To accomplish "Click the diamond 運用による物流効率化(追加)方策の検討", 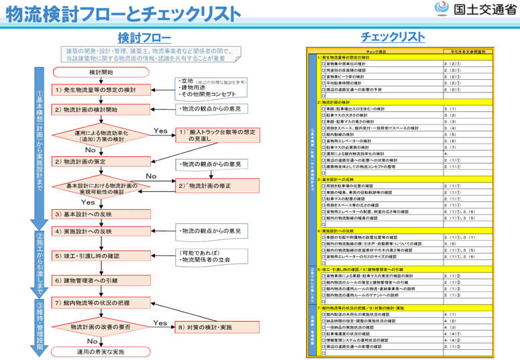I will [101, 135].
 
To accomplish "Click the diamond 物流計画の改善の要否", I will [101, 327].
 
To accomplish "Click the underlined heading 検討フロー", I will [144, 38].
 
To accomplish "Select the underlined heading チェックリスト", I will [393, 38].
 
